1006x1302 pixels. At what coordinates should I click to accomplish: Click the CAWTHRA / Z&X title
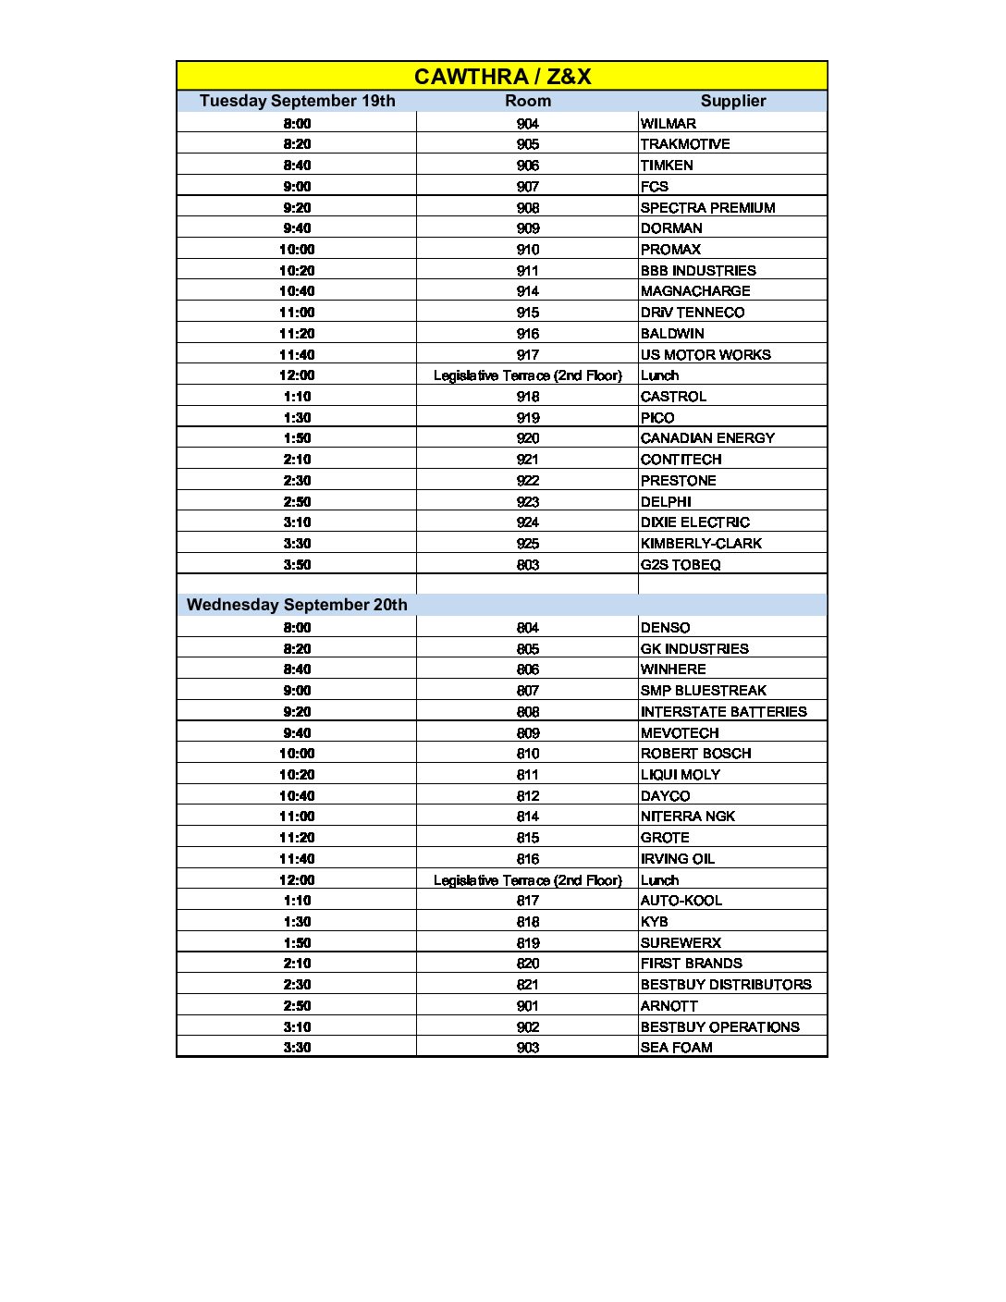click(x=502, y=76)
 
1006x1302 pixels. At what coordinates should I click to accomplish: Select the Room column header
click(x=528, y=101)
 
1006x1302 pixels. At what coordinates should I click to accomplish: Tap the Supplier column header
click(x=732, y=101)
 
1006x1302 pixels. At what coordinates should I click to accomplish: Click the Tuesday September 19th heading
click(x=297, y=101)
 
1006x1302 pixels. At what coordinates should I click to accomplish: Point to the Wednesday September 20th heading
click(x=297, y=605)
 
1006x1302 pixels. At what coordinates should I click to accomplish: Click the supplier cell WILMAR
click(x=669, y=123)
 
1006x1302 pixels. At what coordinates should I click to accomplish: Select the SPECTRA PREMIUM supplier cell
click(x=707, y=207)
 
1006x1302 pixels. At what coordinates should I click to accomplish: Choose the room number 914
click(x=528, y=291)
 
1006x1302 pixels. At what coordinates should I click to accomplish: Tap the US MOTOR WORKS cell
click(x=705, y=354)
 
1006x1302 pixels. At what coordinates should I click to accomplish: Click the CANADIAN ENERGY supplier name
click(x=707, y=438)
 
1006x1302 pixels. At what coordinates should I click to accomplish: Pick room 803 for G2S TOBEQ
click(x=528, y=564)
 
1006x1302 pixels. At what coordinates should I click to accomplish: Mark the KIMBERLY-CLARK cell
click(x=701, y=543)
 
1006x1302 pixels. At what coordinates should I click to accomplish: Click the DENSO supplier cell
click(x=665, y=627)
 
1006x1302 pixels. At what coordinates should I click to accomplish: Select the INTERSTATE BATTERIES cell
click(x=723, y=711)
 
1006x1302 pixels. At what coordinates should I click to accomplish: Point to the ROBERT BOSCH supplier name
click(x=695, y=754)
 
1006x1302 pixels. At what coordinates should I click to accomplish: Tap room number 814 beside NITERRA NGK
click(x=528, y=817)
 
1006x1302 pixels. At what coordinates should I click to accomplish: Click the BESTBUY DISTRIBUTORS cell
click(x=726, y=985)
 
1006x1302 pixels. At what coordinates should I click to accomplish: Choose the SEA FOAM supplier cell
click(x=676, y=1048)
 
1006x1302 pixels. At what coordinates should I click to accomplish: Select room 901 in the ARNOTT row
click(x=528, y=1005)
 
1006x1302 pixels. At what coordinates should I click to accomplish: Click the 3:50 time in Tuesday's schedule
click(x=297, y=564)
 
